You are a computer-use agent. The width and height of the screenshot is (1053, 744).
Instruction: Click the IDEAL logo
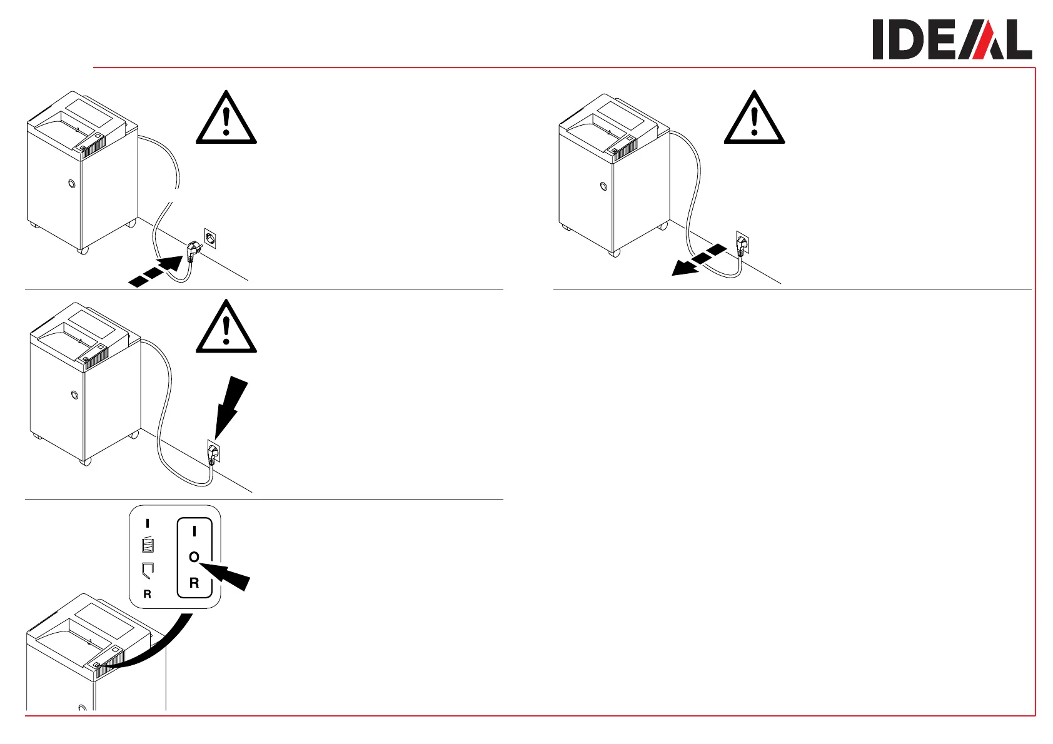click(952, 39)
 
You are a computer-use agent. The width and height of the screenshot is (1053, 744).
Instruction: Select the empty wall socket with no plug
click(210, 238)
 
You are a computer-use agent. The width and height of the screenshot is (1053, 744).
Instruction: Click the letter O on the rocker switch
click(194, 556)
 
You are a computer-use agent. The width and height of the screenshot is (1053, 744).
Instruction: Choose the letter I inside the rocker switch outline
click(194, 531)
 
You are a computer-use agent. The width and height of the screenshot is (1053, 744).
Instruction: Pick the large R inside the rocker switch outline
click(194, 583)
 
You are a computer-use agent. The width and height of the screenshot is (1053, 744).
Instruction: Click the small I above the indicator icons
click(148, 524)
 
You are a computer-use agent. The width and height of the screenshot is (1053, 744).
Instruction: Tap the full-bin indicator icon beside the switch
click(148, 545)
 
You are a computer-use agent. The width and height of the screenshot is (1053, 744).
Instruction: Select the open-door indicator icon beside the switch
click(148, 570)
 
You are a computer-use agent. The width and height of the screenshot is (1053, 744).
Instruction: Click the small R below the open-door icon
click(148, 594)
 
